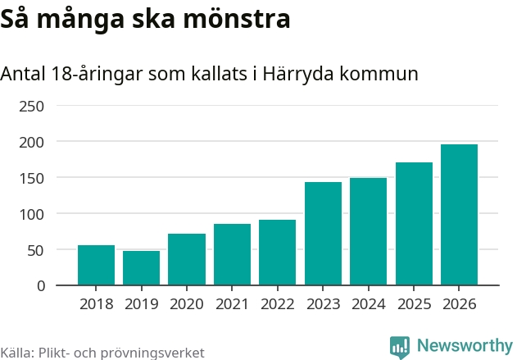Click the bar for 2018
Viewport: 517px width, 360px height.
point(96,265)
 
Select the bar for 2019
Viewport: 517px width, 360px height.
point(141,268)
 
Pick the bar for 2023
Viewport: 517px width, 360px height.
point(323,234)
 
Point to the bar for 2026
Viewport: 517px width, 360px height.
point(459,215)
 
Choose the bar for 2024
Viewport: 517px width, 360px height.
point(368,231)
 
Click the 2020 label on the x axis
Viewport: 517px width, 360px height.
point(187,304)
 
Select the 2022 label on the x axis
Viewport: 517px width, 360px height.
point(278,304)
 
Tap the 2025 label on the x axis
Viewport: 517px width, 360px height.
point(414,304)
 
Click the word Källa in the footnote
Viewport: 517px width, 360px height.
point(16,353)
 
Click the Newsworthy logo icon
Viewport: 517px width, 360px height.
point(400,346)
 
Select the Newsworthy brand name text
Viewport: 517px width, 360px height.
point(464,345)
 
